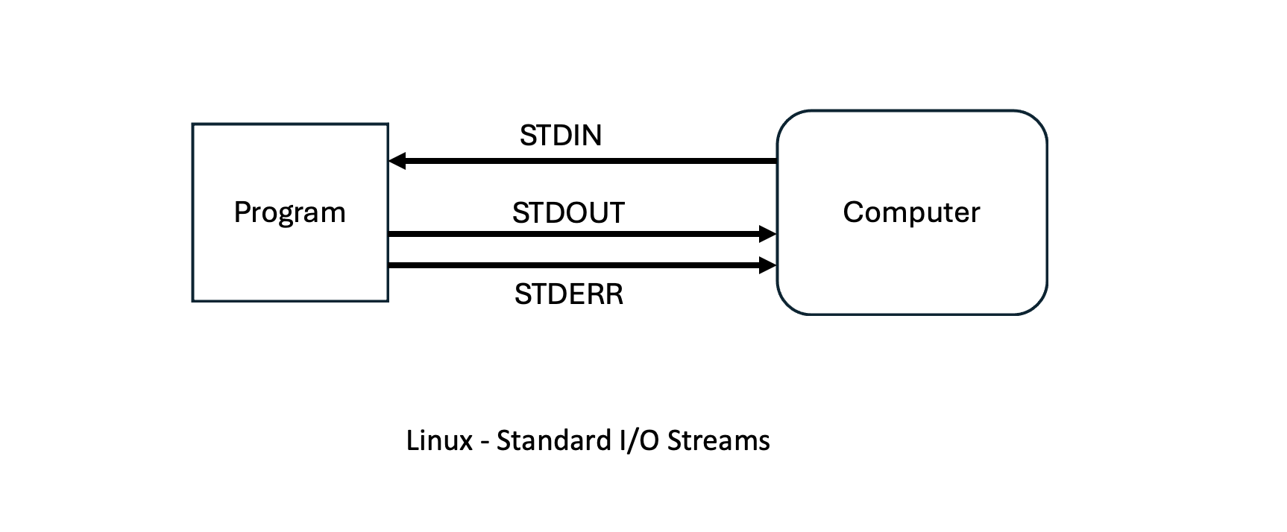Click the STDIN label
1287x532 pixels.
tap(561, 136)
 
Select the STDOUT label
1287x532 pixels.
tap(568, 214)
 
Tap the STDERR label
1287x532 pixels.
tap(568, 294)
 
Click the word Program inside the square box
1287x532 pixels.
tap(289, 212)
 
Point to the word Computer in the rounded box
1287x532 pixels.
tap(911, 212)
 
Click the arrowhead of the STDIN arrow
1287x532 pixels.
tap(397, 161)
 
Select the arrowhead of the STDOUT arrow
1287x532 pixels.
tap(768, 234)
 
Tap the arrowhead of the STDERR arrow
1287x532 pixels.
tap(768, 265)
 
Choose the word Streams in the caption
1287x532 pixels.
tap(719, 440)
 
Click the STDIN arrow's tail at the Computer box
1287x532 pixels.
tap(775, 161)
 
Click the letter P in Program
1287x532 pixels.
tap(241, 212)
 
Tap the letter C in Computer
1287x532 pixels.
tap(852, 212)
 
